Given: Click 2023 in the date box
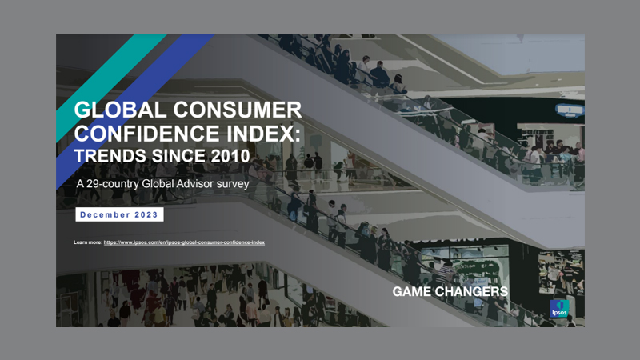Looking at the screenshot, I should coord(147,214).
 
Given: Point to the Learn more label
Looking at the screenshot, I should coord(88,242).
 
